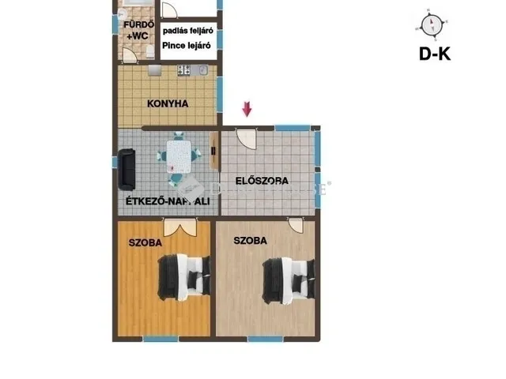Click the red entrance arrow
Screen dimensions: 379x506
(x=247, y=109)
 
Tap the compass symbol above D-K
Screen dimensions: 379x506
(x=431, y=25)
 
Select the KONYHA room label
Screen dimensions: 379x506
(x=167, y=103)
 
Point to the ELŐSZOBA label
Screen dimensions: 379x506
(x=262, y=181)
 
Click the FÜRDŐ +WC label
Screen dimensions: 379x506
(x=132, y=30)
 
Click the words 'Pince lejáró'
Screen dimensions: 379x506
(x=186, y=46)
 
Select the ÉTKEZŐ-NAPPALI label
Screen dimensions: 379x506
(x=168, y=202)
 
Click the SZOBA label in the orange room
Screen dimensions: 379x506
(x=145, y=243)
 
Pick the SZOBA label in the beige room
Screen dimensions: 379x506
(x=250, y=241)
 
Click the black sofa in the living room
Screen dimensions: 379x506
(x=126, y=169)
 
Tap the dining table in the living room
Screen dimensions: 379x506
(x=180, y=156)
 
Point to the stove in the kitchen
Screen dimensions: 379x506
(x=183, y=70)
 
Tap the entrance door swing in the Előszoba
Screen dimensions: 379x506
(x=247, y=139)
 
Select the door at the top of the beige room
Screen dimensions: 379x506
(x=296, y=226)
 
